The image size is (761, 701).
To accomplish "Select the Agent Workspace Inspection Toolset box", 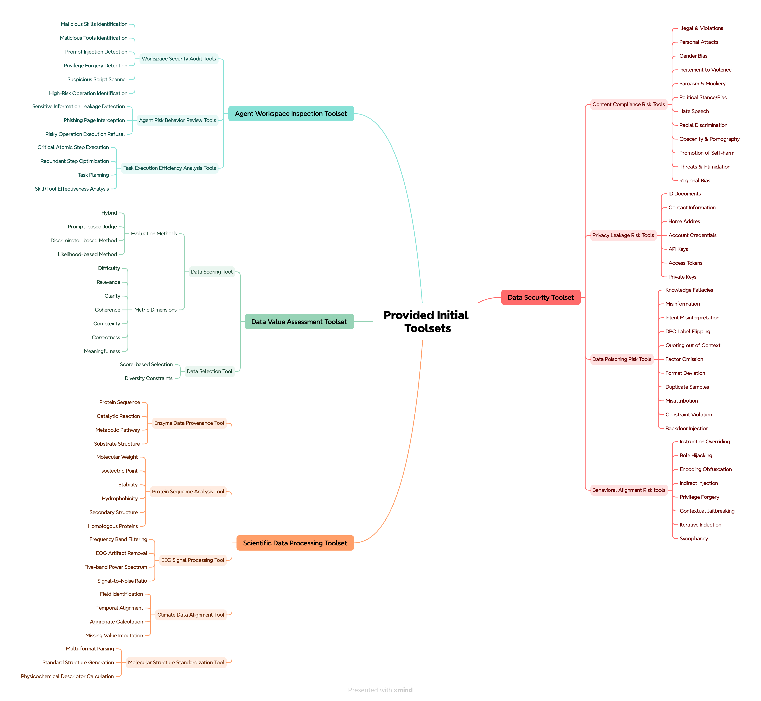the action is (x=291, y=113).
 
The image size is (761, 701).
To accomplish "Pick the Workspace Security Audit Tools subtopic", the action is (x=179, y=59).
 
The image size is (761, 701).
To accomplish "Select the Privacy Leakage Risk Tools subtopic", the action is (x=623, y=235).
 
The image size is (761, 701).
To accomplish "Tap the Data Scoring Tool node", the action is (x=212, y=272).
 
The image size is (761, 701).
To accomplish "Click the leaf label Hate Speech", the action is (x=694, y=111).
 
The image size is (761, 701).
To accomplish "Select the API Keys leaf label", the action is (x=678, y=249).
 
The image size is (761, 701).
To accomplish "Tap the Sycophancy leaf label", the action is (x=693, y=539).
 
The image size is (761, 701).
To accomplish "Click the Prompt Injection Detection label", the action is (x=96, y=52).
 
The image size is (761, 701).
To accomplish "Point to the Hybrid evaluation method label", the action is (x=109, y=213).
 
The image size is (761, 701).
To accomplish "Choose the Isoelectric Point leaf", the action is (x=119, y=471).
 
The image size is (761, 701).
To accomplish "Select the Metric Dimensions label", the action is (x=156, y=310).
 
